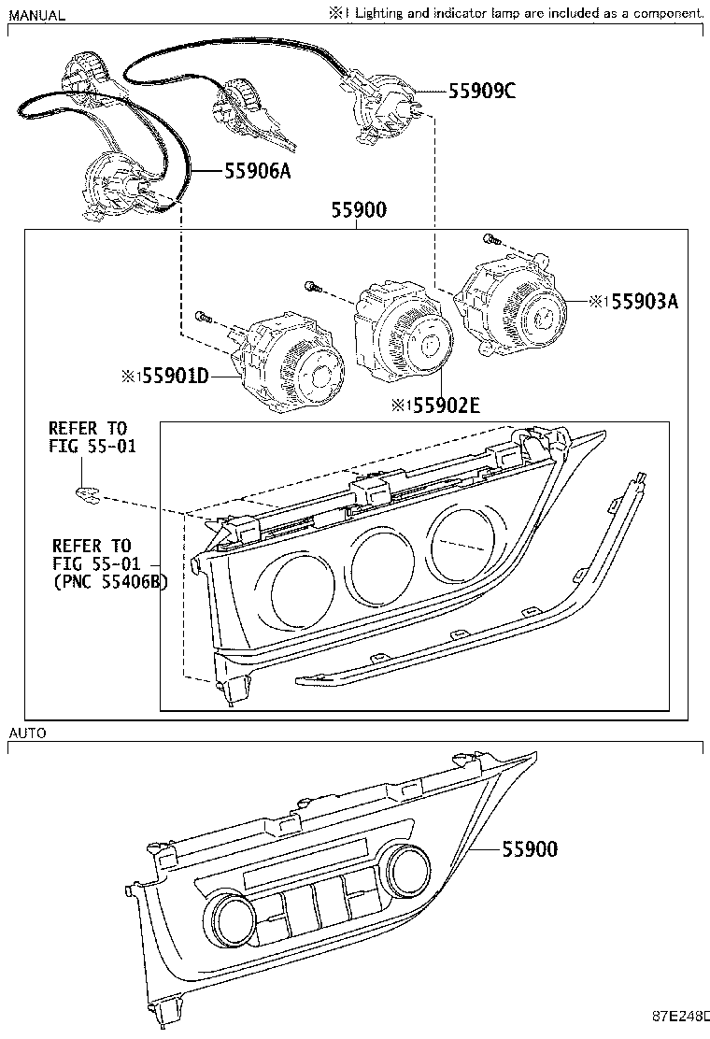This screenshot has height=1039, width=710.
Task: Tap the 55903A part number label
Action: click(x=644, y=301)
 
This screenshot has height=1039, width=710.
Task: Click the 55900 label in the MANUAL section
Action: click(x=358, y=211)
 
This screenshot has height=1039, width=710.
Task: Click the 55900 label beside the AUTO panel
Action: click(x=530, y=848)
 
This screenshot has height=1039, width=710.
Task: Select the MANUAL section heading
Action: click(x=37, y=15)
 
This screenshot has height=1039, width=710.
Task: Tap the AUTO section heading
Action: click(x=27, y=733)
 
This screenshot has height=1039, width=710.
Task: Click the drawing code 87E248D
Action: click(x=680, y=1014)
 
